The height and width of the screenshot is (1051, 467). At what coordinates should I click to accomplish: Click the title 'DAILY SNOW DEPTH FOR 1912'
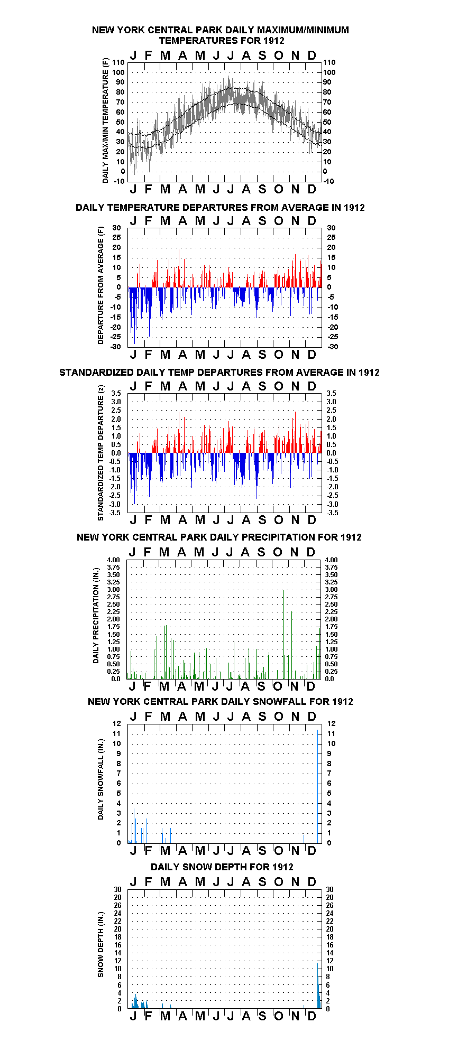pyautogui.click(x=222, y=867)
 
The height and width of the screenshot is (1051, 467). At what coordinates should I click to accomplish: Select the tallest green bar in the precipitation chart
pyautogui.click(x=284, y=634)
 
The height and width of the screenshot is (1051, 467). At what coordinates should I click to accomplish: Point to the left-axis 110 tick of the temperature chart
pyautogui.click(x=118, y=62)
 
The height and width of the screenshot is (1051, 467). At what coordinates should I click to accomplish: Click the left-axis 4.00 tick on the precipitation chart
pyautogui.click(x=114, y=560)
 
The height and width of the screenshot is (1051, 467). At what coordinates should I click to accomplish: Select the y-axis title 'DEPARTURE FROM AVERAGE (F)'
pyautogui.click(x=100, y=285)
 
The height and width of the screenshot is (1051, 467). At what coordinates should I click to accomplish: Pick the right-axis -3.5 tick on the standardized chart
pyautogui.click(x=331, y=513)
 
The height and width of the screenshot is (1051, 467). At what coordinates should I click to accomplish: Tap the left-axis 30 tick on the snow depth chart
pyautogui.click(x=117, y=889)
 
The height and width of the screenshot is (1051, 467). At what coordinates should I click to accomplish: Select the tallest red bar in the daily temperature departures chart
pyautogui.click(x=179, y=268)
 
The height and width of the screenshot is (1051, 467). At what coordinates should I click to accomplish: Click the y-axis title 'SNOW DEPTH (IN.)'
pyautogui.click(x=100, y=944)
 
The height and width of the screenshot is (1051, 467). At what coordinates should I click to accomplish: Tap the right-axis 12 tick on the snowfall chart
pyautogui.click(x=331, y=723)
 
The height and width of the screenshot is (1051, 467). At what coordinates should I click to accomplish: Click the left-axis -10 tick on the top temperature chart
pyautogui.click(x=120, y=181)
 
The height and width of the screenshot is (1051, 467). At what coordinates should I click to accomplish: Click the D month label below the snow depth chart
pyautogui.click(x=312, y=1016)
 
